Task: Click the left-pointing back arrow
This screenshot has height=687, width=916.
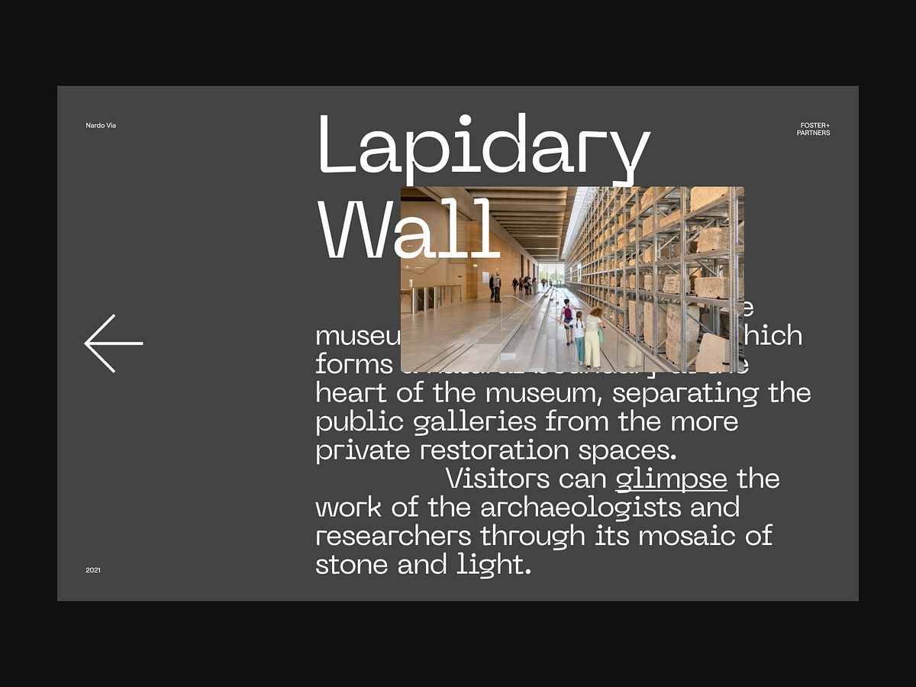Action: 114,343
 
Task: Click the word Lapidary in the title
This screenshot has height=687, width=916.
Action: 483,145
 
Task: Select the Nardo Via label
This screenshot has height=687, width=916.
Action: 101,125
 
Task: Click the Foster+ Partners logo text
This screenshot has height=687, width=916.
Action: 814,129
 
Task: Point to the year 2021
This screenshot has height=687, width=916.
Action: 93,570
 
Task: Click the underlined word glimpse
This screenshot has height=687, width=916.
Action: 671,479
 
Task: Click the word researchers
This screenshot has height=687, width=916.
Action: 393,536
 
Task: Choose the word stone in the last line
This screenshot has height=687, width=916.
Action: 352,565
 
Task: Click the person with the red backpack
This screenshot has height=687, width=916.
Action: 566,321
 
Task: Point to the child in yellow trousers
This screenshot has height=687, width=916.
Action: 580,340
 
